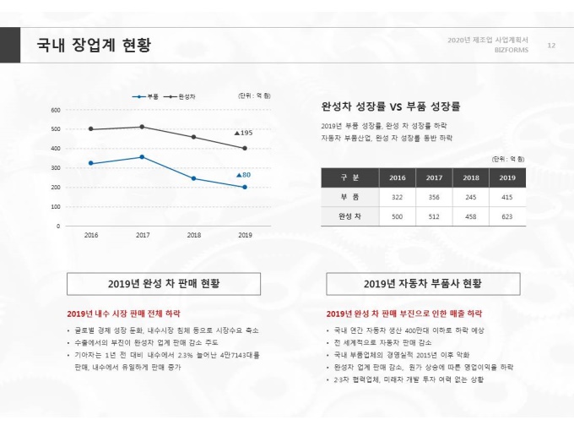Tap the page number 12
tap(551, 45)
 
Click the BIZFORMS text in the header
tap(511, 50)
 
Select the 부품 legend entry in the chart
tap(149, 96)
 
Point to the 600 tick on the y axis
tap(56, 110)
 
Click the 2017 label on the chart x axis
tap(143, 235)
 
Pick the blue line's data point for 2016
tap(91, 163)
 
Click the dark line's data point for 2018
tap(193, 137)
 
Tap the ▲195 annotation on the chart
tap(243, 134)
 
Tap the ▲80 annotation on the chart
tap(243, 175)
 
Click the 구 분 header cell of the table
tap(349, 177)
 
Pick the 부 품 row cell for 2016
tap(398, 197)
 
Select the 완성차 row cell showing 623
tap(506, 216)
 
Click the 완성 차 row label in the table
tap(349, 216)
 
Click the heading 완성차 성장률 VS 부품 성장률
tap(390, 107)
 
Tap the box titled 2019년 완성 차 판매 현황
tap(164, 283)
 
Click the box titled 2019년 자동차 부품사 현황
tap(423, 283)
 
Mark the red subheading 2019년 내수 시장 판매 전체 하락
tap(123, 313)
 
